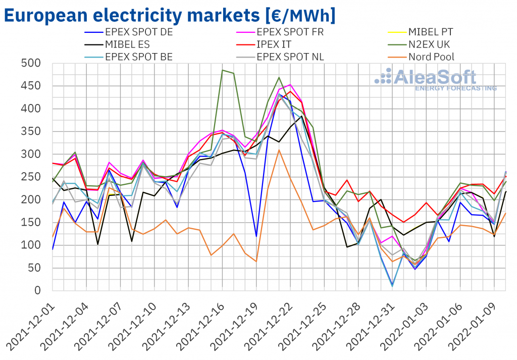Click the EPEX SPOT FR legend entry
tap(290, 32)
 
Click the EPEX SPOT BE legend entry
tap(138, 57)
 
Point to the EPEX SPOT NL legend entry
tap(290, 57)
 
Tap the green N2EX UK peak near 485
tap(222, 70)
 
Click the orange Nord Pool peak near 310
tap(278, 149)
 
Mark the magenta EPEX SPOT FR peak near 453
tap(290, 85)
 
